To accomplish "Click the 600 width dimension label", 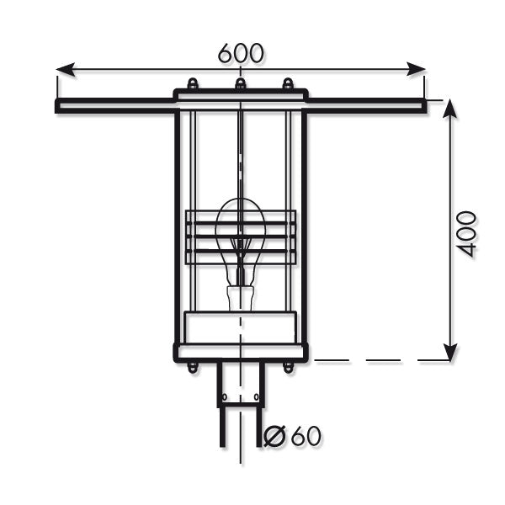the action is [241, 53].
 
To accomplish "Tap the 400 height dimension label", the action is [466, 234].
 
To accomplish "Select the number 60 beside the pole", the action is [306, 436].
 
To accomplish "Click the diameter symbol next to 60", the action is [274, 436].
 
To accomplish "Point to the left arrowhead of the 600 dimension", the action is [66, 69].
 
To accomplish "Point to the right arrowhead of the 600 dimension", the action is [416, 69].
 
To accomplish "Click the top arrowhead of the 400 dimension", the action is [450, 109].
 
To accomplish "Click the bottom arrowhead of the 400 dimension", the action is [450, 352].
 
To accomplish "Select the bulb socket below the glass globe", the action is [241, 298].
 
